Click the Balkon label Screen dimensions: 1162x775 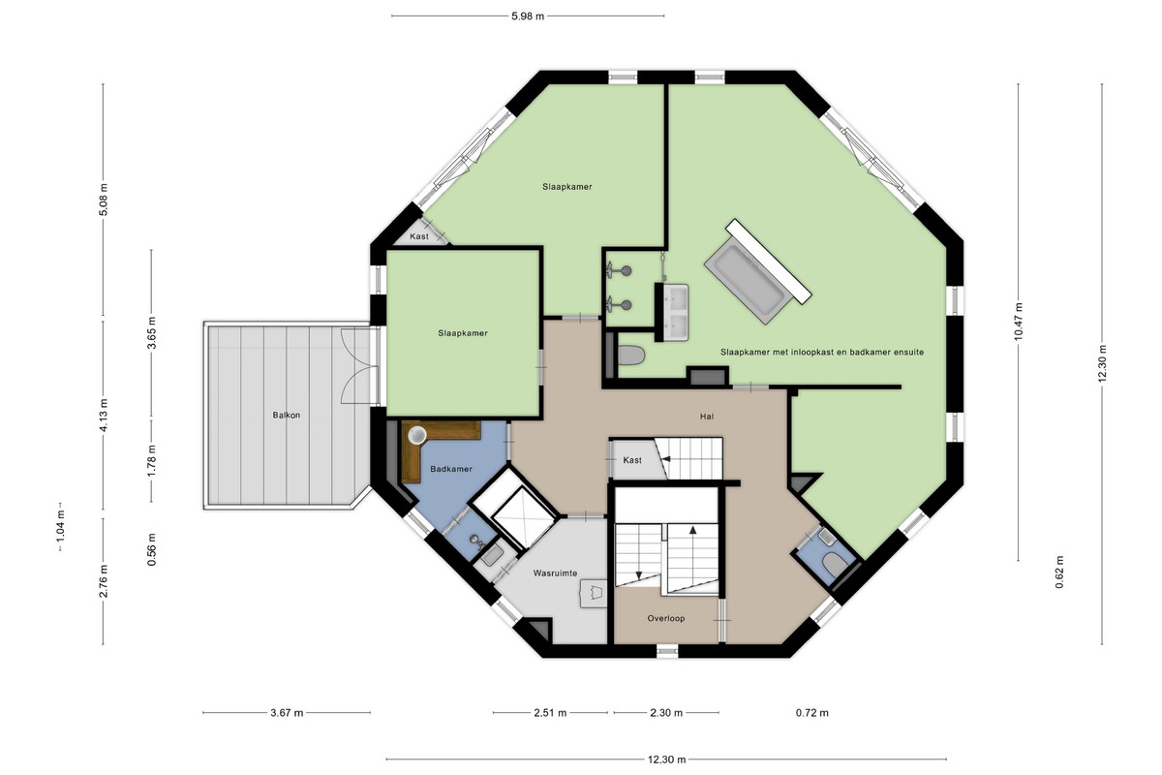click(287, 416)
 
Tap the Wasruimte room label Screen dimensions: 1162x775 click(555, 573)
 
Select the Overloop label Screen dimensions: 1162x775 click(666, 618)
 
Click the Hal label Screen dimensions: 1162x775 click(707, 417)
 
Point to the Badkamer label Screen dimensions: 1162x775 click(451, 469)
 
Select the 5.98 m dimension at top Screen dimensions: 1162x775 click(528, 16)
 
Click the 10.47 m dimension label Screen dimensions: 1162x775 click(1018, 322)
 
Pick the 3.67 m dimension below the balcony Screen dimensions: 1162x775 click(287, 713)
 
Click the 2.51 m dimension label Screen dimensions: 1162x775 click(550, 713)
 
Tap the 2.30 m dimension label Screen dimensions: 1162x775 click(666, 713)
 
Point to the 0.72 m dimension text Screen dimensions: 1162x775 click(812, 713)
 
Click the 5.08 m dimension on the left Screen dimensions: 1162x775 click(104, 200)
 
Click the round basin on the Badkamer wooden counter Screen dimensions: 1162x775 click(416, 435)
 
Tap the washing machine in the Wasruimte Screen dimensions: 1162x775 click(593, 593)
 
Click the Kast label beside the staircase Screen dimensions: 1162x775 click(632, 460)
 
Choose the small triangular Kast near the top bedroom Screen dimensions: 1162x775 click(421, 234)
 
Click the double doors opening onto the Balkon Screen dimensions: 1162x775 click(358, 366)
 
